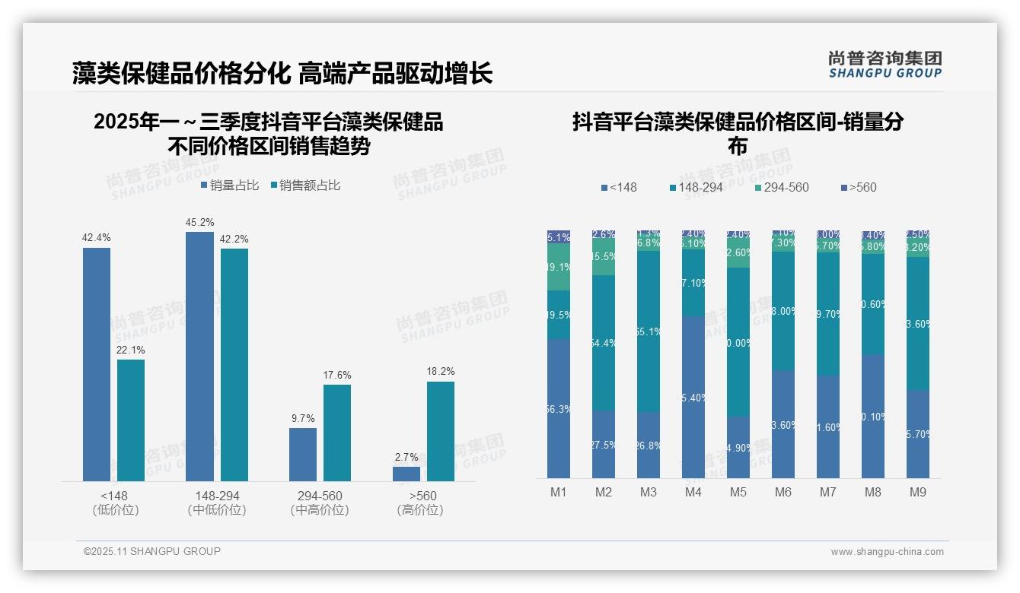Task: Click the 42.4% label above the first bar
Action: click(x=96, y=238)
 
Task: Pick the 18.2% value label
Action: click(x=441, y=372)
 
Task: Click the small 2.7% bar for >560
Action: click(x=406, y=474)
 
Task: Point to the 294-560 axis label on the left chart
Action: click(x=320, y=496)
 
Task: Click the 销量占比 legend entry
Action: click(x=230, y=186)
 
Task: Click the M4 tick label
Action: click(x=693, y=493)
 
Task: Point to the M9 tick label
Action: click(x=918, y=493)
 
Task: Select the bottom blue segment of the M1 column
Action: click(x=559, y=408)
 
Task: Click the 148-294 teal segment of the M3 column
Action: click(x=649, y=331)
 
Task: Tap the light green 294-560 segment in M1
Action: click(x=559, y=267)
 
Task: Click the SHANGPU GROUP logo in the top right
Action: click(x=885, y=65)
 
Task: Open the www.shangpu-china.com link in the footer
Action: click(x=887, y=552)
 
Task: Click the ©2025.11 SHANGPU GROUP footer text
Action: click(x=152, y=552)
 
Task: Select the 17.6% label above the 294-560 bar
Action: click(x=337, y=376)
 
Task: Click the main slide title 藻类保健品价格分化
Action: click(x=181, y=73)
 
